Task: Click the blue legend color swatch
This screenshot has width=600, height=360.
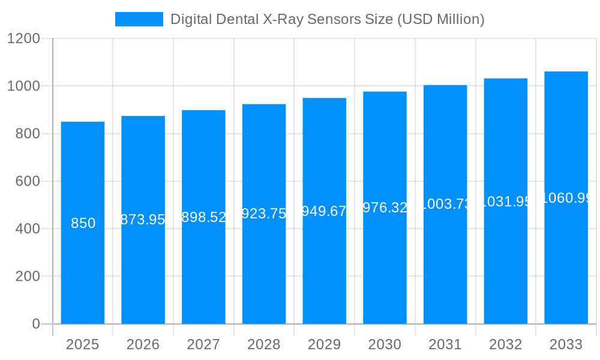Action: [x=139, y=19]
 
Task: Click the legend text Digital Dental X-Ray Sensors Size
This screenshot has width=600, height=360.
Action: [x=327, y=19]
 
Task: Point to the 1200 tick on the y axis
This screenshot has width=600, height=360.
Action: [x=23, y=39]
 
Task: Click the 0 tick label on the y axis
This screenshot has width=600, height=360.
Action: [x=35, y=324]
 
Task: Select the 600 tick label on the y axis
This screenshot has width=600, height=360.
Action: [x=28, y=181]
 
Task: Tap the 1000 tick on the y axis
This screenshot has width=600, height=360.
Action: [x=23, y=86]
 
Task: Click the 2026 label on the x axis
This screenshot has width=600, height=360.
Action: [x=143, y=344]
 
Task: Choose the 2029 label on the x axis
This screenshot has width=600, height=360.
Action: [x=324, y=344]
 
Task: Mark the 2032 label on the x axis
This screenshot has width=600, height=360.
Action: [x=505, y=344]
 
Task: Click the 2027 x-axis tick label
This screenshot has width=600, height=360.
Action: [x=203, y=344]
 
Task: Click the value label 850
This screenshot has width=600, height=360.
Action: [x=83, y=223]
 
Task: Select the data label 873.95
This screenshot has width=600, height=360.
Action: [x=143, y=220]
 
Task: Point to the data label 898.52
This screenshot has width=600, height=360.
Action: [x=203, y=217]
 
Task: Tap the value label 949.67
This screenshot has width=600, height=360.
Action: [x=324, y=211]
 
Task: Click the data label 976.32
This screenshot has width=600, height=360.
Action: [x=385, y=208]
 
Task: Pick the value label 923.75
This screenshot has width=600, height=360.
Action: [x=264, y=214]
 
